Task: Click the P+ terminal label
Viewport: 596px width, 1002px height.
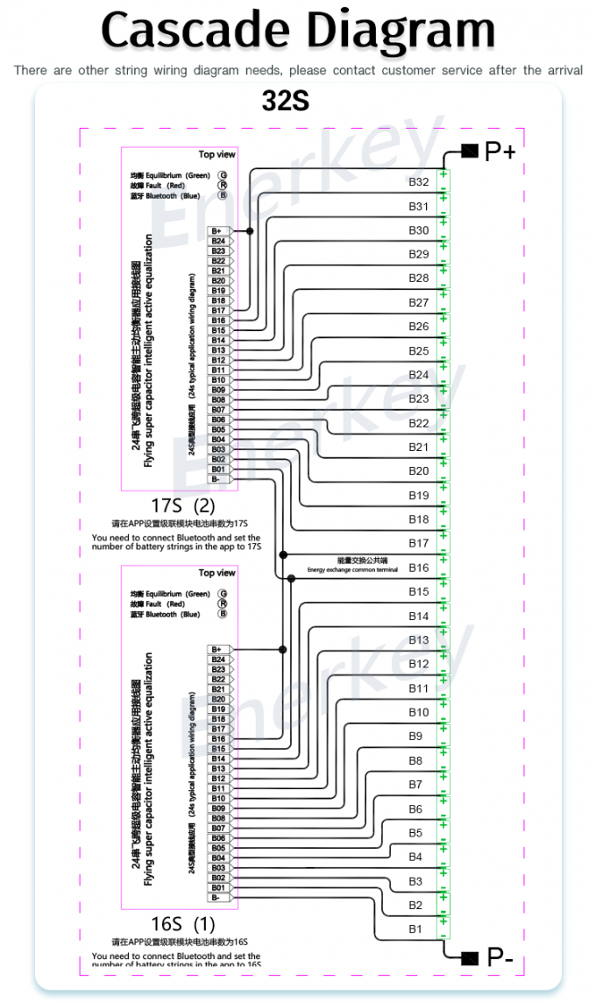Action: [500, 152]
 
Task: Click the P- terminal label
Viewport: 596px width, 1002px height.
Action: [500, 956]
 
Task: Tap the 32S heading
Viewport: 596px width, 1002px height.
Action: [286, 102]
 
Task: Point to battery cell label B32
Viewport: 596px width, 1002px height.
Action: [419, 182]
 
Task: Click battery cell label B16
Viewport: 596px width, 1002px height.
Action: [419, 568]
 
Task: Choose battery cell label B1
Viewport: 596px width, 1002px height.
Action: [415, 928]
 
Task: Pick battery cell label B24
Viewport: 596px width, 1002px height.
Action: [419, 375]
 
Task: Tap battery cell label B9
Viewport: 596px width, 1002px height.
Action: [415, 736]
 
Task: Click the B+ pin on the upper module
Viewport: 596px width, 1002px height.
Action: [217, 231]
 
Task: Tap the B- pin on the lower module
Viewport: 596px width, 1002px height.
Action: [217, 898]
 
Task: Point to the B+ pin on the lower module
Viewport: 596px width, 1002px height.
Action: [217, 650]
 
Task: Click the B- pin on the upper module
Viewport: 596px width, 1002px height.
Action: [217, 479]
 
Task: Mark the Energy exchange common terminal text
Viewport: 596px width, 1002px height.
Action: [351, 565]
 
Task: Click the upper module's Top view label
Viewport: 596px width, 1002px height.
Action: [216, 154]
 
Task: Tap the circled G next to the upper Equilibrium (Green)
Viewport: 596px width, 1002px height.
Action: [223, 175]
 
